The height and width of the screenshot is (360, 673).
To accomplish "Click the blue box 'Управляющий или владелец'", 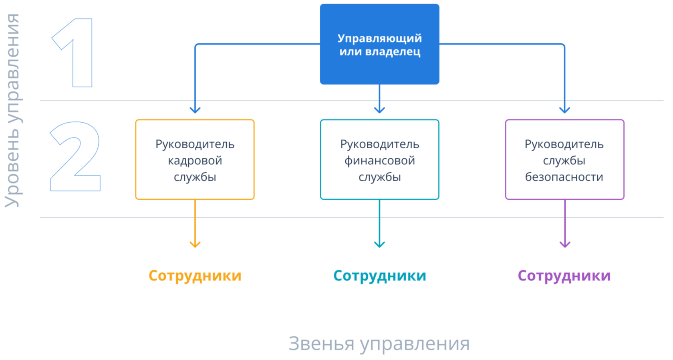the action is pos(379,44).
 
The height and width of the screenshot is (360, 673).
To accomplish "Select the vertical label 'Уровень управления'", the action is pos(13,110).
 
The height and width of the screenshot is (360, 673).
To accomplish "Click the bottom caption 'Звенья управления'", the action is pos(379,344).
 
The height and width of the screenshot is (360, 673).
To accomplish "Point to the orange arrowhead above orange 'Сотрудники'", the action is pos(195,244).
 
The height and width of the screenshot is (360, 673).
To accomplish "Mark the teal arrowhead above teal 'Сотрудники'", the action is pos(379,244).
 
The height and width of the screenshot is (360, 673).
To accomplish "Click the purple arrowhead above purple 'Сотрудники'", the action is pos(565,244).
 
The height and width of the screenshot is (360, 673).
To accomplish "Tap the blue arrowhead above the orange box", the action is pos(195,110).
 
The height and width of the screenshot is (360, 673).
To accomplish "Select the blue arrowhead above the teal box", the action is pos(379,110).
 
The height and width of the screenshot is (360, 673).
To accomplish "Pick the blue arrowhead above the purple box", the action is pos(565,110).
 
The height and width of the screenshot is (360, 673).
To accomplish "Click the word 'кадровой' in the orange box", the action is pos(195,161).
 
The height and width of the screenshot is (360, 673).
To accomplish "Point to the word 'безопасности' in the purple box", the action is pos(564,177).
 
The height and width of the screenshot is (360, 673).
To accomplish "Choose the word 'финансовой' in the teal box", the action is pos(380,161).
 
